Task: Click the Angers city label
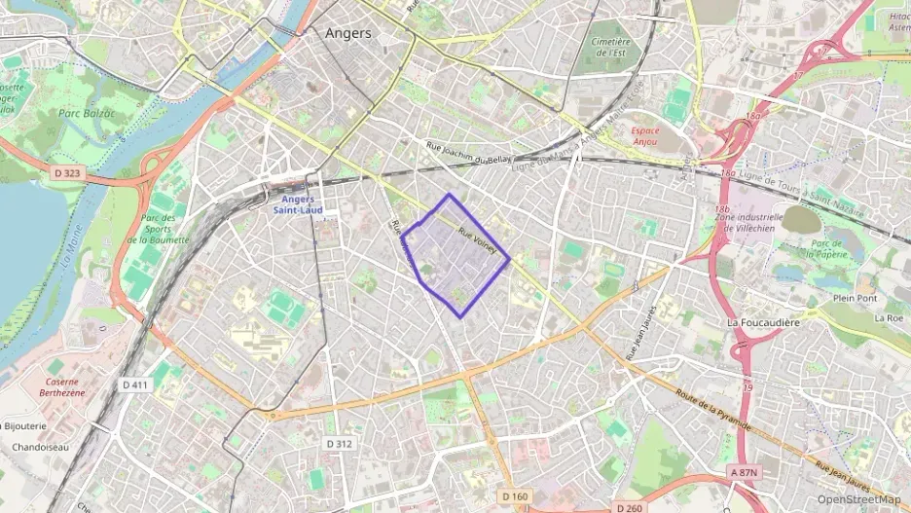(x=347, y=33)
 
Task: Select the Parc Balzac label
(x=87, y=113)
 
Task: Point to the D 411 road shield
(x=136, y=385)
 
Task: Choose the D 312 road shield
(x=339, y=444)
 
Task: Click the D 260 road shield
(x=630, y=507)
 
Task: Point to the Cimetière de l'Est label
(x=610, y=49)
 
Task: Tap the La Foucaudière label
(x=764, y=322)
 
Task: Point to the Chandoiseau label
(x=39, y=448)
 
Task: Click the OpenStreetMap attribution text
(x=859, y=499)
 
